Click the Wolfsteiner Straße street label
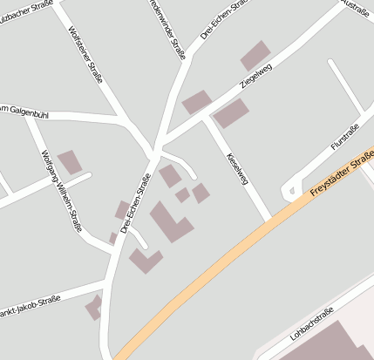tap(84, 54)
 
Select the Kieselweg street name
tap(237, 167)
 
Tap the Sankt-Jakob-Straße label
tap(31, 304)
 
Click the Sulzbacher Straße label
tap(22, 10)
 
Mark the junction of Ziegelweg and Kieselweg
tap(207, 119)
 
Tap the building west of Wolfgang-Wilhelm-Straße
tap(70, 162)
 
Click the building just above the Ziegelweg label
tap(255, 56)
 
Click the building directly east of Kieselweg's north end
tap(231, 113)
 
